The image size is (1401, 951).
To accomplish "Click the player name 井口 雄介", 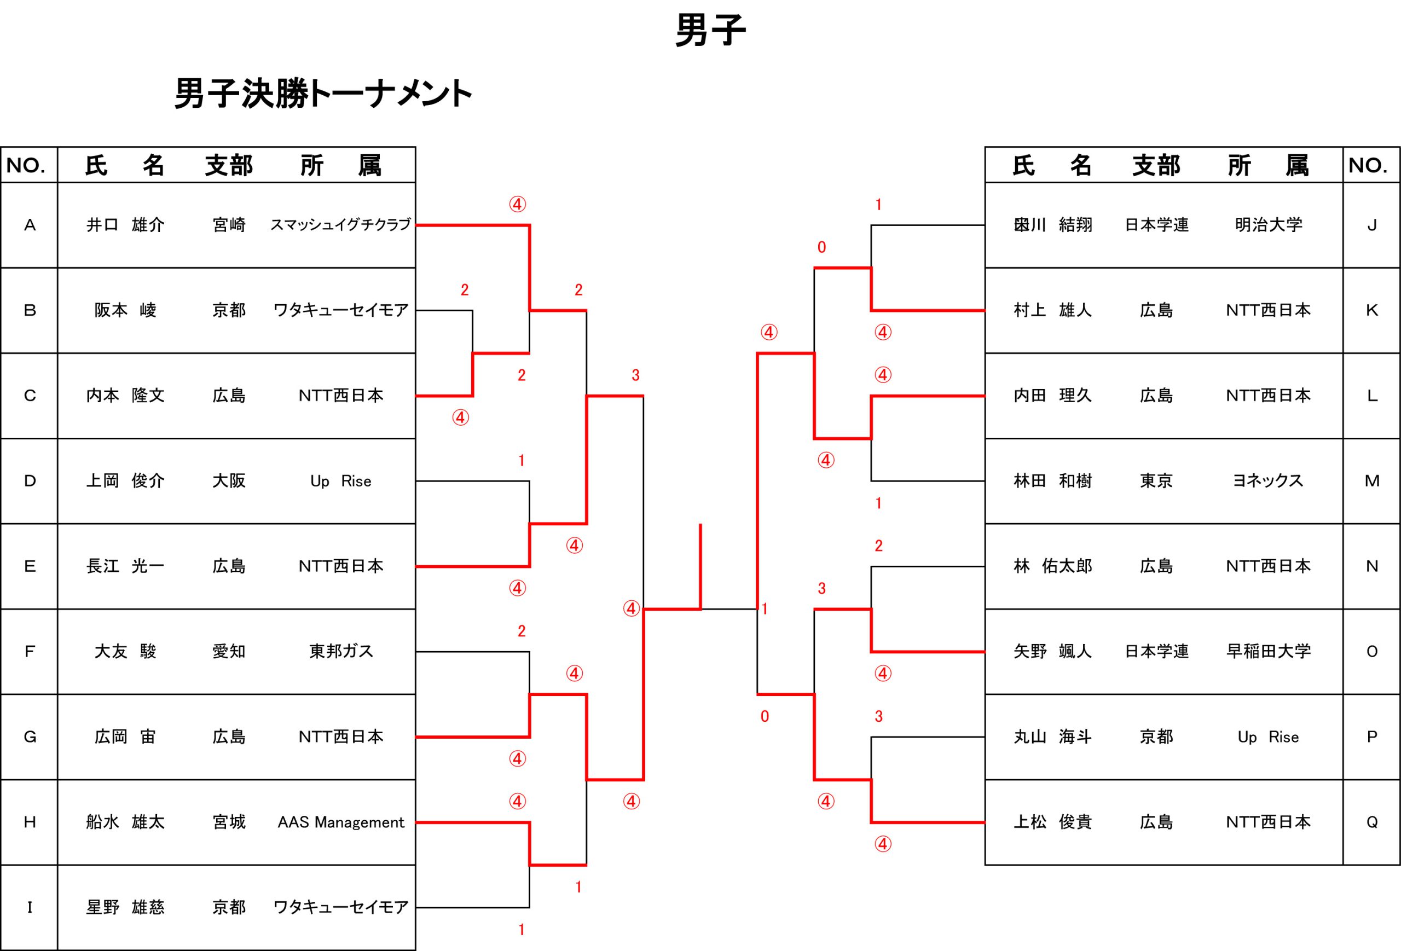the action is (x=125, y=225).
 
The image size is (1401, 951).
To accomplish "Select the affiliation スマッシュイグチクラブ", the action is (x=340, y=225).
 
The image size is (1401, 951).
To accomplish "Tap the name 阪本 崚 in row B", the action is (x=125, y=310).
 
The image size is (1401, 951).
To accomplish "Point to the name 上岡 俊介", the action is (x=125, y=481).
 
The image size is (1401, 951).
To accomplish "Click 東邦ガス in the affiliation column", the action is (x=341, y=652).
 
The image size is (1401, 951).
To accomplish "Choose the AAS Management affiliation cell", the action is (x=340, y=822).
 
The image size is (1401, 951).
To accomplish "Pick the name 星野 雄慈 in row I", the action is (x=125, y=907).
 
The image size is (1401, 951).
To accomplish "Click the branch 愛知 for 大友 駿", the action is (x=229, y=652).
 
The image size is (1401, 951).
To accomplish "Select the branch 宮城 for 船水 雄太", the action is (x=229, y=822).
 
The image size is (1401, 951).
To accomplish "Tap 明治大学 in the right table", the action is (x=1269, y=225).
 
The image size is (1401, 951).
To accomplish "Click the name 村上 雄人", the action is (x=1052, y=310).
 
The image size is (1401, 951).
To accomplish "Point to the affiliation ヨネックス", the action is (x=1269, y=481).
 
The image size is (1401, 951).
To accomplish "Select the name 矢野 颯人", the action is (x=1052, y=652).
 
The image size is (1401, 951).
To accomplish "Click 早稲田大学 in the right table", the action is (x=1269, y=652).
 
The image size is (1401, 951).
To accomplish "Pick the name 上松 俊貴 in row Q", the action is (x=1052, y=822).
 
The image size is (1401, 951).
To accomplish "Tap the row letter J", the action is (x=1372, y=225).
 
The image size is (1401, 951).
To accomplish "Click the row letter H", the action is (x=30, y=822).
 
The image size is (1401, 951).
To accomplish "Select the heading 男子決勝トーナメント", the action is (x=323, y=94).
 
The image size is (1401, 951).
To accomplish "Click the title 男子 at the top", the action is (x=711, y=30).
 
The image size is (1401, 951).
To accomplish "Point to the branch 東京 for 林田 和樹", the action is (x=1156, y=481).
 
